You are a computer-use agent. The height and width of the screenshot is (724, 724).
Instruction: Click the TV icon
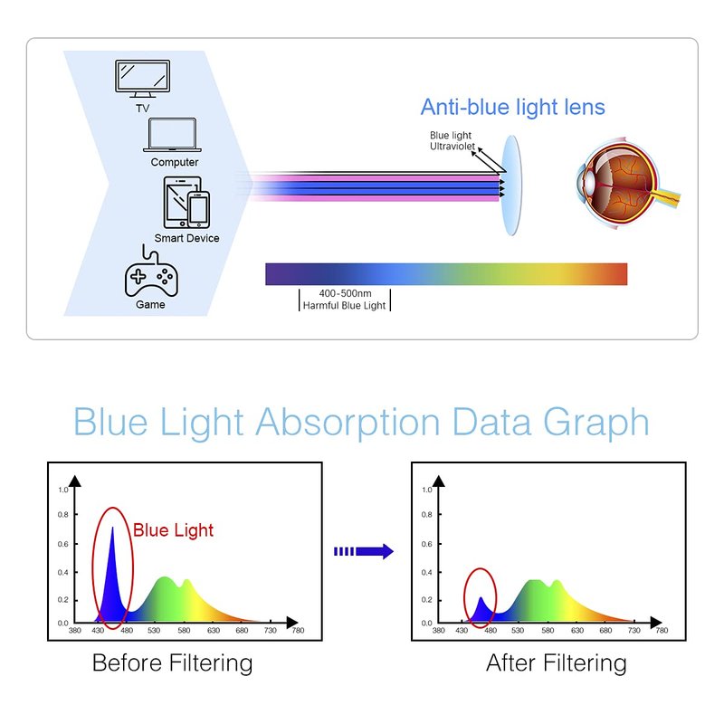tap(142, 79)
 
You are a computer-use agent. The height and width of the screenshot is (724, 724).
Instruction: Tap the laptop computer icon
tap(172, 135)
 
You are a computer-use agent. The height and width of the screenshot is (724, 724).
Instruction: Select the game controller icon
tap(151, 272)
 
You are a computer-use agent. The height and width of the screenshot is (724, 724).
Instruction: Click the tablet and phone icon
tap(186, 202)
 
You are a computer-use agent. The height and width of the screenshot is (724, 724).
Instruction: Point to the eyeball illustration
tap(627, 184)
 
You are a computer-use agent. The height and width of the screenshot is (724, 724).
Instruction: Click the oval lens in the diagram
tap(511, 186)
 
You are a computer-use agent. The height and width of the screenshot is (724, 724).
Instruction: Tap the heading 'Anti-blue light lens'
tap(512, 107)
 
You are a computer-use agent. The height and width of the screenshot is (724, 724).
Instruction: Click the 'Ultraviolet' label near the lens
tap(452, 147)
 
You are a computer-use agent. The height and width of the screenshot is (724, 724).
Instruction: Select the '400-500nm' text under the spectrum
tap(345, 293)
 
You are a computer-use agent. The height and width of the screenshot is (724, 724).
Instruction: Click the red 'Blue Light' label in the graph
tap(173, 530)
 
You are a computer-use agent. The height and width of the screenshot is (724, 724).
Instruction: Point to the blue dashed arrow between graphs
tap(364, 551)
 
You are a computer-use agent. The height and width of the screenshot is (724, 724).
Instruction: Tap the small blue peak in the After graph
tap(481, 609)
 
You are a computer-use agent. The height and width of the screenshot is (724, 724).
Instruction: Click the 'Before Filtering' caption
tap(172, 663)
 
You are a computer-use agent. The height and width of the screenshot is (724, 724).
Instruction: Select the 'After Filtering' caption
tap(557, 663)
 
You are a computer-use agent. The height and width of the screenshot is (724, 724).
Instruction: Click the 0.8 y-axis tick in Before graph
tap(62, 514)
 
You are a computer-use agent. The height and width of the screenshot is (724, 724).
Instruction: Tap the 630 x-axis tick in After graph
tap(577, 630)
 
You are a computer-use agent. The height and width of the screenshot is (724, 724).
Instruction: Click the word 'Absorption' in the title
tap(348, 422)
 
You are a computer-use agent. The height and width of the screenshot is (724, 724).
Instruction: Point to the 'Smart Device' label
tap(186, 238)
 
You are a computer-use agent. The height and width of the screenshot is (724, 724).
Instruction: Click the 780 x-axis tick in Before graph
tap(298, 630)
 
